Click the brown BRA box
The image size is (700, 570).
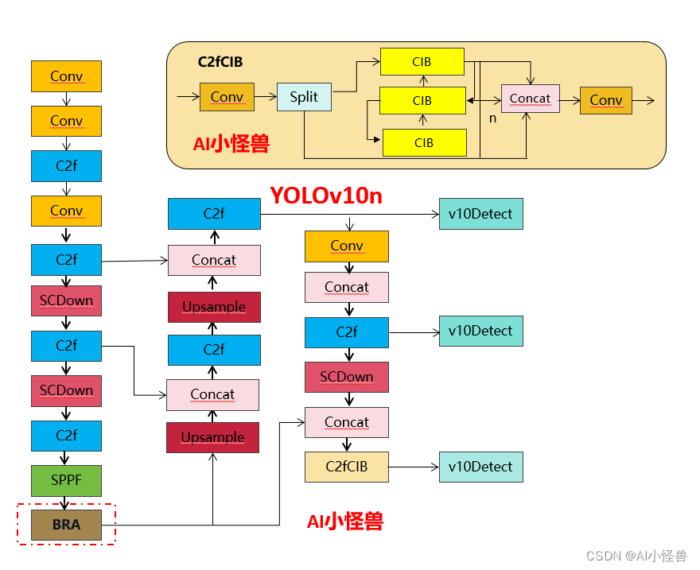pyautogui.click(x=67, y=525)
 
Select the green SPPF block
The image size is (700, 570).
pyautogui.click(x=67, y=480)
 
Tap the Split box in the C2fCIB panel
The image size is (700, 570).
pyautogui.click(x=304, y=97)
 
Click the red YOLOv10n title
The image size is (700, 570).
pyautogui.click(x=325, y=196)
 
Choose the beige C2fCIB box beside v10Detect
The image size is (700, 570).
pyautogui.click(x=347, y=467)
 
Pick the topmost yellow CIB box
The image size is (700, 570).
pyautogui.click(x=422, y=61)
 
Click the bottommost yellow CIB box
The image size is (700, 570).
pyautogui.click(x=424, y=142)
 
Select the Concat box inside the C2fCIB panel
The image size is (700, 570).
pyautogui.click(x=530, y=99)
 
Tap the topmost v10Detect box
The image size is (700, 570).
pyautogui.click(x=480, y=214)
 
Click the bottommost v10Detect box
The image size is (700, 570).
pyautogui.click(x=480, y=467)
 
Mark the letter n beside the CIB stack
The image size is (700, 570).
pyautogui.click(x=492, y=118)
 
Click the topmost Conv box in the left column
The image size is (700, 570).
pyautogui.click(x=67, y=76)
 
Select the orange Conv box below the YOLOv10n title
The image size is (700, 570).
pyautogui.click(x=347, y=246)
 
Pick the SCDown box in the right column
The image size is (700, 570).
pyautogui.click(x=347, y=377)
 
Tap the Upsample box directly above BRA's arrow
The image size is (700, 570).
pyautogui.click(x=212, y=437)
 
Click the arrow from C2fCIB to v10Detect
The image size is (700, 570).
pyautogui.click(x=414, y=467)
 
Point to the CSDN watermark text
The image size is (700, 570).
pyautogui.click(x=636, y=555)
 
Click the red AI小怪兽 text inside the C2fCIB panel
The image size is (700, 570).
pyautogui.click(x=231, y=144)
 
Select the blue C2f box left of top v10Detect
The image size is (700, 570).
pyautogui.click(x=214, y=214)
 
